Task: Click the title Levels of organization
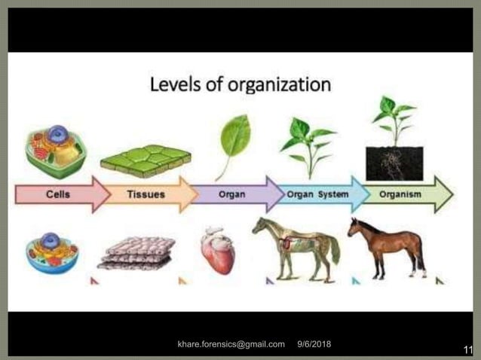pos(240,83)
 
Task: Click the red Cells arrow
pos(60,194)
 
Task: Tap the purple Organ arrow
pos(234,194)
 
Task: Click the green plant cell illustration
pos(56,151)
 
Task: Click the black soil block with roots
pos(394,163)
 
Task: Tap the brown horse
pos(388,245)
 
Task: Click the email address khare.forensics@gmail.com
pos(231,344)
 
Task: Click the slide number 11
pos(467,349)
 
